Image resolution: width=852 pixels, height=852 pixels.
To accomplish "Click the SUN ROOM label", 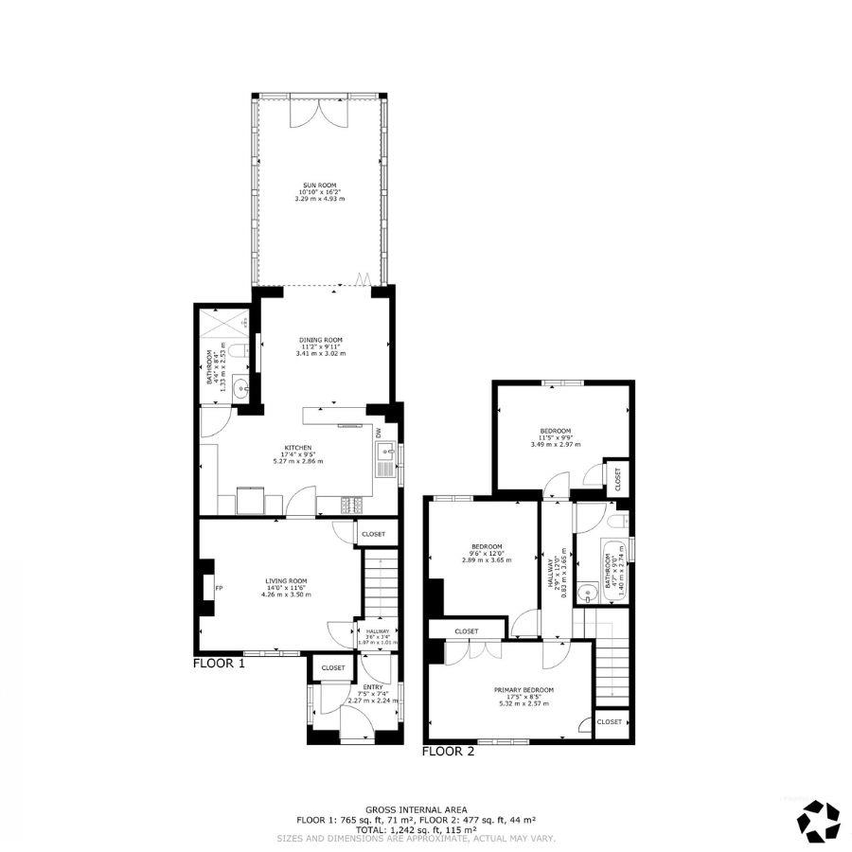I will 319,186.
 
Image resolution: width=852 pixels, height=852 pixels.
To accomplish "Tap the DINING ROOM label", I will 320,340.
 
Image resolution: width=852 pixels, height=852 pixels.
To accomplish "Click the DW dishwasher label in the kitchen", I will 378,434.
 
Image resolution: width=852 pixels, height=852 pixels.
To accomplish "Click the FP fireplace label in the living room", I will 219,588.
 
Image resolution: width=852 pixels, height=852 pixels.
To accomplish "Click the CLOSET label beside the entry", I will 332,667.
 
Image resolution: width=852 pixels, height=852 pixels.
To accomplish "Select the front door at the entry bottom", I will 357,734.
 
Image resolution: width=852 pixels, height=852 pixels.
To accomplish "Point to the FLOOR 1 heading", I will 219,664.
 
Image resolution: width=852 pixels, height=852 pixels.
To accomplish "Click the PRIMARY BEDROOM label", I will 524,690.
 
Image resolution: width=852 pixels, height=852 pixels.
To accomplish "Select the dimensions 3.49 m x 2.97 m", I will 555,444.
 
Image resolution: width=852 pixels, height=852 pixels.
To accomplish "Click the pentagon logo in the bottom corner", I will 818,820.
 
